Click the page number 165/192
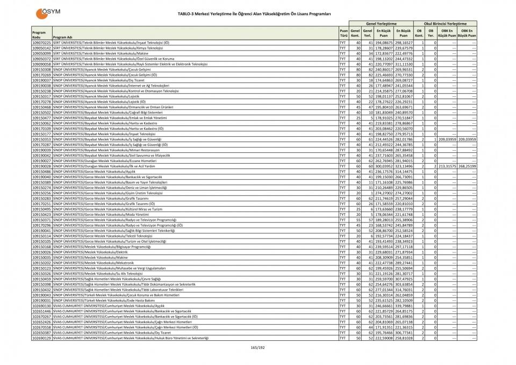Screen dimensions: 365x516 pyautogui.click(x=258, y=347)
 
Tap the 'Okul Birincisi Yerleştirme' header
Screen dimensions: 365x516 pyautogui.click(x=446, y=24)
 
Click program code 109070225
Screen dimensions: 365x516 pyautogui.click(x=41, y=43)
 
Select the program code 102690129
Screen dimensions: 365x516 pyautogui.click(x=41, y=338)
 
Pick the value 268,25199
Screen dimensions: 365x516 pyautogui.click(x=467, y=166)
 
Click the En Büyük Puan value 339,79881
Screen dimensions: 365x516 pyautogui.click(x=404, y=306)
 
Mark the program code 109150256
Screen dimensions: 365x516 pyautogui.click(x=41, y=193)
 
